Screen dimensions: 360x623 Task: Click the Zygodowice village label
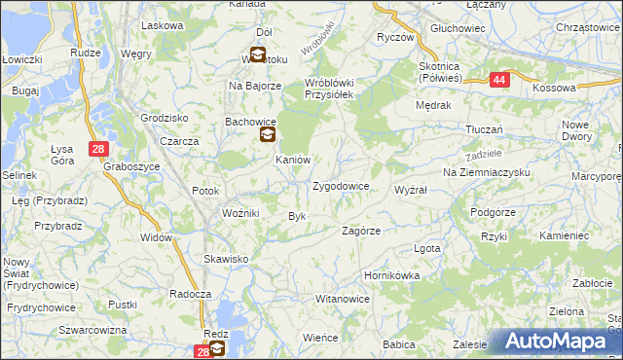coord(340,185)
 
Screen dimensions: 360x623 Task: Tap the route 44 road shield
coord(498,82)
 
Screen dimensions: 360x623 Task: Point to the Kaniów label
coord(292,160)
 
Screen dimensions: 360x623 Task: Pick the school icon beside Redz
coord(216,347)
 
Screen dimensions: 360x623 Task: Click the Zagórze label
coord(360,231)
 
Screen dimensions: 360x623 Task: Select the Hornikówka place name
coord(391,275)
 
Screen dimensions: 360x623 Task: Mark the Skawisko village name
coord(226,259)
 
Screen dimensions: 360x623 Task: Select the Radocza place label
coord(190,294)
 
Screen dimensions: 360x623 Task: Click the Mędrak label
coord(431,104)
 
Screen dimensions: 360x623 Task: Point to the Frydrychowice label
coord(41,307)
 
